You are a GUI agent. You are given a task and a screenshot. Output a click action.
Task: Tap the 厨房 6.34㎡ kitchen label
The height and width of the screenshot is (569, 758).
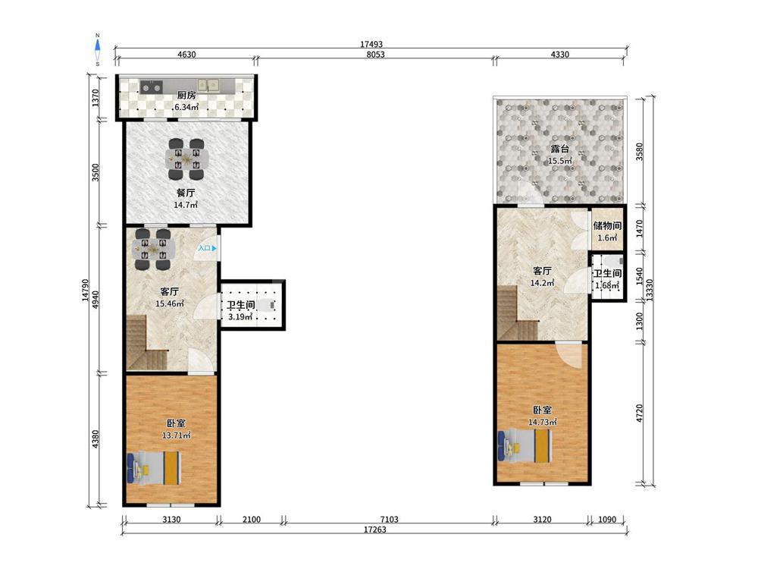186,101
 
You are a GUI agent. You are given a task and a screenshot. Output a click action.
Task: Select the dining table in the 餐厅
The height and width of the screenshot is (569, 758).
186,159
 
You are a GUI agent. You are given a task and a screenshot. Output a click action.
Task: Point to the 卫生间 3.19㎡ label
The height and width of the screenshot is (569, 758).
240,311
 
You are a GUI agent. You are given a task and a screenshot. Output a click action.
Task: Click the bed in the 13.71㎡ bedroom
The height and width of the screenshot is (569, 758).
154,468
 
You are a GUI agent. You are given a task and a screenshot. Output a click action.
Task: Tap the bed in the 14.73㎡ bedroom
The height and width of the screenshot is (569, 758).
525,446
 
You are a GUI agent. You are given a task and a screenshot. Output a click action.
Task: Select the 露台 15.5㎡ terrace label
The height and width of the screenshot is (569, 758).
560,155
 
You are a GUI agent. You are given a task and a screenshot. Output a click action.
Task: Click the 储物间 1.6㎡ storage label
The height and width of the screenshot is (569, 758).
607,231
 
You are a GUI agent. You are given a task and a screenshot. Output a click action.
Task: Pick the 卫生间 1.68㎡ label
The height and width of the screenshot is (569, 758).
607,279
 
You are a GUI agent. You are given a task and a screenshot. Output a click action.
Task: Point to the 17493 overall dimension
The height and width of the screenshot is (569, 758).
371,44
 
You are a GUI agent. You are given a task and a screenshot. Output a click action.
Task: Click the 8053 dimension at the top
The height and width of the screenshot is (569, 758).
375,54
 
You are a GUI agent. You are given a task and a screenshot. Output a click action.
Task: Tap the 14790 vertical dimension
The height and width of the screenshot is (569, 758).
86,291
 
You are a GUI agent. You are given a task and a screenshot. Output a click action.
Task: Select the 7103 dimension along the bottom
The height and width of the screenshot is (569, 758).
389,519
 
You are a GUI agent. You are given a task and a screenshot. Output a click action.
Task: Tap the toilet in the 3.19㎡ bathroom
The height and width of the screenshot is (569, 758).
265,305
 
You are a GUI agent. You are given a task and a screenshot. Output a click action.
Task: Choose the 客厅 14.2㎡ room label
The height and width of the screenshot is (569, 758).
542,277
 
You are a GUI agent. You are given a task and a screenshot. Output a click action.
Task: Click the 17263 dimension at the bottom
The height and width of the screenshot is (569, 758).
374,530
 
